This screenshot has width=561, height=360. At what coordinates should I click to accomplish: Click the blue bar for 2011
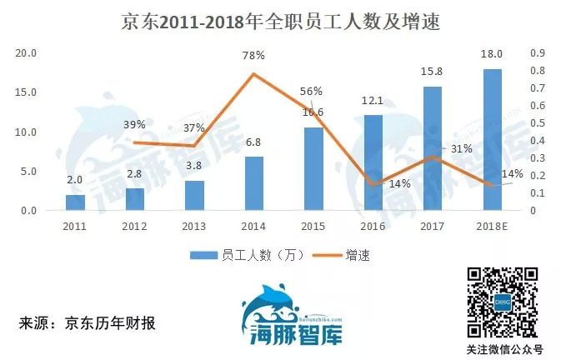coord(75,202)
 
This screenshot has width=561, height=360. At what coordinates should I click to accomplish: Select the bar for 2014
coord(254,183)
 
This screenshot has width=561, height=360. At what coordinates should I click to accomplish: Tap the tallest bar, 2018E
coord(493,139)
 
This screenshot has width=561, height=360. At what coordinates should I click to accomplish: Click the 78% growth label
coord(254,56)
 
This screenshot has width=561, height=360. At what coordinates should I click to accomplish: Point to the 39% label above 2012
coord(135,124)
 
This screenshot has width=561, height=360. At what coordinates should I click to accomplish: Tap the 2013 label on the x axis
coord(194,226)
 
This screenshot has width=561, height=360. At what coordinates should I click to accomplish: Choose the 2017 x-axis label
coord(433,226)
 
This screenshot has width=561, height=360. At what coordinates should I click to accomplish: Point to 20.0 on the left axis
coord(28,53)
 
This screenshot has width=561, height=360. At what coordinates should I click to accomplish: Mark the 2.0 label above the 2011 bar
coord(75,180)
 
